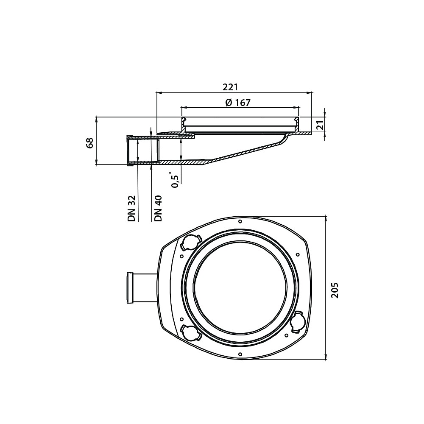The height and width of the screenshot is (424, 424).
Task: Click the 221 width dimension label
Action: tap(230, 87)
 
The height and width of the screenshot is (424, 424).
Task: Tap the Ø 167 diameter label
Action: tap(238, 103)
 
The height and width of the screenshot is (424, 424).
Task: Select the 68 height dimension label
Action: tap(89, 142)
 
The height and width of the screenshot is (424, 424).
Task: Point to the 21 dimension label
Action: tap(320, 125)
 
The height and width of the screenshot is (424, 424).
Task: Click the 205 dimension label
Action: tap(335, 290)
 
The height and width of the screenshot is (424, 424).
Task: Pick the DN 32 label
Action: tap(131, 209)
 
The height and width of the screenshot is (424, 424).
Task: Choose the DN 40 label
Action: tap(158, 209)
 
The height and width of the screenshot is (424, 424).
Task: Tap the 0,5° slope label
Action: tap(175, 179)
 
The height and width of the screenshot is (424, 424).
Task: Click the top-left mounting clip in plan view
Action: tap(191, 242)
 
